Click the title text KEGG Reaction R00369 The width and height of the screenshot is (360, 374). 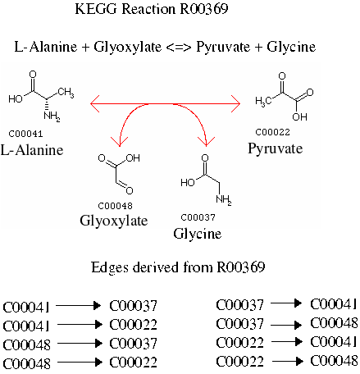coord(152,9)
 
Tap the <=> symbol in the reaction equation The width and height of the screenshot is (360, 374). coord(179,48)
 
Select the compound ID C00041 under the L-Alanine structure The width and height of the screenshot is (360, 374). coord(25,134)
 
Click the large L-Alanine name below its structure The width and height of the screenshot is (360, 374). coord(32,150)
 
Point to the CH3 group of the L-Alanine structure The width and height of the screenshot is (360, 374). coord(66,93)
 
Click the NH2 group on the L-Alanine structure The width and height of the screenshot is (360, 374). coord(52,116)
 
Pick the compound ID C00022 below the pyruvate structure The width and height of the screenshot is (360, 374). coord(272,132)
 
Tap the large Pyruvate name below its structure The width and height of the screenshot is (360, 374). coord(276,149)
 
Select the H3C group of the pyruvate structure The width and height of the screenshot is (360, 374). coord(263,102)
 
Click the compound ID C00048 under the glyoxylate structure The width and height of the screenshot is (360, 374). coord(115,206)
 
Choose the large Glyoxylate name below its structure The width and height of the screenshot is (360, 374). coord(114,221)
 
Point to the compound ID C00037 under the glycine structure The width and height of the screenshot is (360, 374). coord(198,217)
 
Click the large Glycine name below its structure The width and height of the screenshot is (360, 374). coord(197,234)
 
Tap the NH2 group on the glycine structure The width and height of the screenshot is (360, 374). coord(224,199)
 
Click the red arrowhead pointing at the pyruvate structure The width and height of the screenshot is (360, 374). coord(235,103)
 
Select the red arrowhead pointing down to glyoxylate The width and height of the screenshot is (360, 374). coord(120,142)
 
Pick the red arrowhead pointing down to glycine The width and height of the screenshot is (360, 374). coord(206,142)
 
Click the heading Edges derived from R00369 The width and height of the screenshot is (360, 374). coord(178,267)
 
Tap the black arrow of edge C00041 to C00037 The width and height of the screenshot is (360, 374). coord(79,305)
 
